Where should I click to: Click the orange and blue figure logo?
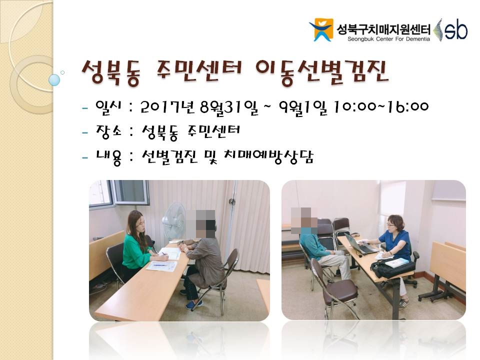click(321, 29)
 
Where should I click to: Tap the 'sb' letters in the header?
click(456, 29)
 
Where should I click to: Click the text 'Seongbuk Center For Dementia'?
click(388, 39)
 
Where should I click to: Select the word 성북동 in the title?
click(112, 72)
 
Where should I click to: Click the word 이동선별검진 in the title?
click(321, 72)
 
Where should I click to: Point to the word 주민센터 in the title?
click(198, 71)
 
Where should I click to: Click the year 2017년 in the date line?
click(167, 107)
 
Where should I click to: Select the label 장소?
click(109, 132)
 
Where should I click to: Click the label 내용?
click(109, 157)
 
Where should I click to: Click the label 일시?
click(108, 107)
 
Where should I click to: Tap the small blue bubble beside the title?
click(54, 80)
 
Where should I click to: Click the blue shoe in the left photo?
click(194, 304)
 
